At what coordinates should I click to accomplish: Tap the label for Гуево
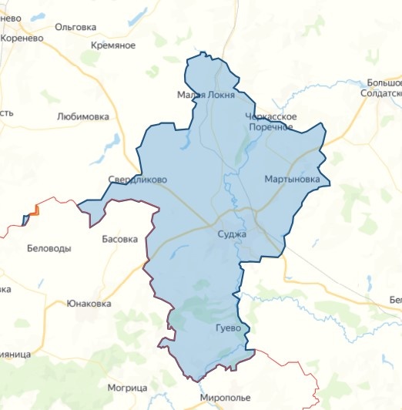[x=229, y=328]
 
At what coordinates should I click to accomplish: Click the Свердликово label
[x=137, y=180]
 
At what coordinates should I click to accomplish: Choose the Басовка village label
[x=120, y=239]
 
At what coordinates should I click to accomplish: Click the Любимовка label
[x=82, y=117]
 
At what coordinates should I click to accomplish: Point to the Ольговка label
[x=76, y=27]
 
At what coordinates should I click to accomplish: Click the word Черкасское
[x=270, y=116]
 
